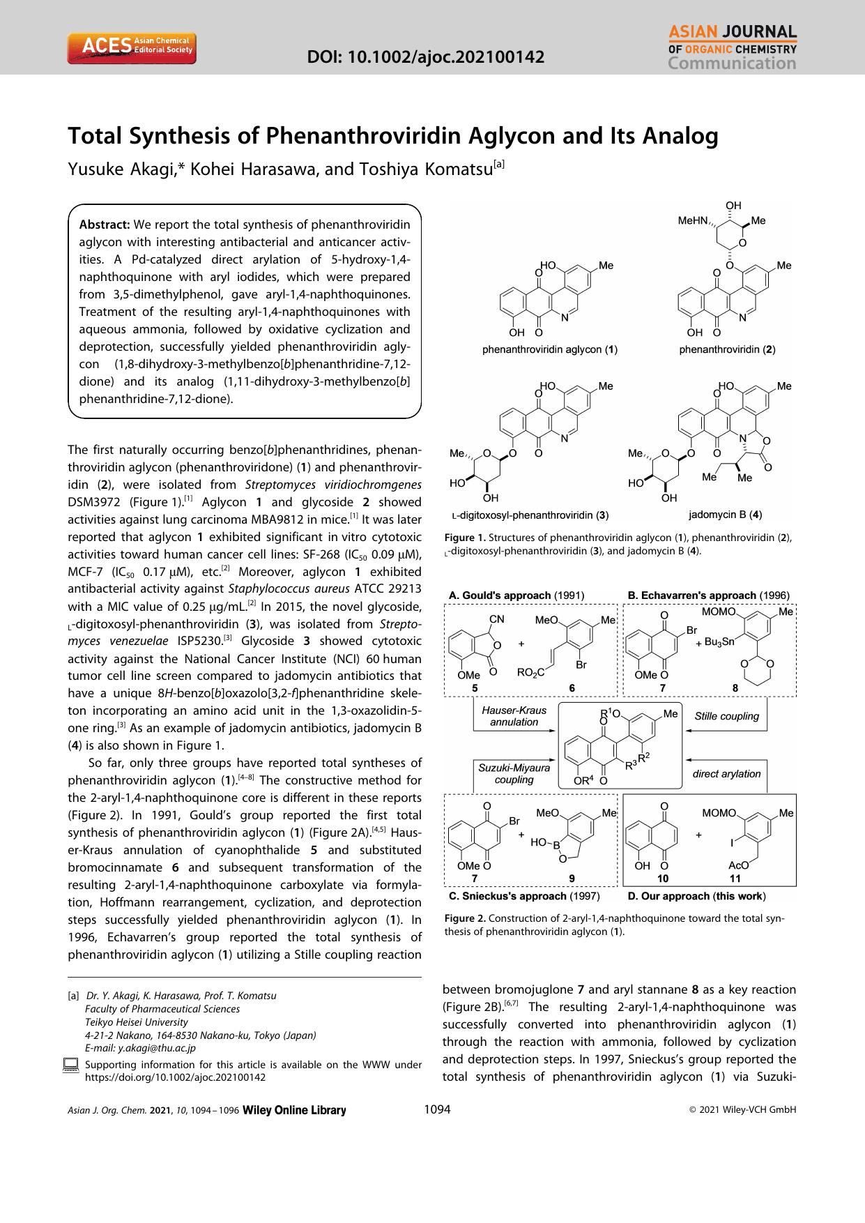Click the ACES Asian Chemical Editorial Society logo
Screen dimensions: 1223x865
132,48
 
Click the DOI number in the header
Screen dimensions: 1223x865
426,56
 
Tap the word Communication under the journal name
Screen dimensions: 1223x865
731,64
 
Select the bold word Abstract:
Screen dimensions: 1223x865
105,225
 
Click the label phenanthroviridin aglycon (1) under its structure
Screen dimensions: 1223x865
550,349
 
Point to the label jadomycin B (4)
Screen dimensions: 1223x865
724,515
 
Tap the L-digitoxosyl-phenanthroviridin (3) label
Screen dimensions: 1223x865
530,516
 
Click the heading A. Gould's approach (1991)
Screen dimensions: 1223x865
516,595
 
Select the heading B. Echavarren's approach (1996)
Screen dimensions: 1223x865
708,595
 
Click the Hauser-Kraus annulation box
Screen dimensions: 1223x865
514,716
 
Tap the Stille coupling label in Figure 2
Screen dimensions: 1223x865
726,716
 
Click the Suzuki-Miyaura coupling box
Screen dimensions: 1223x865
514,774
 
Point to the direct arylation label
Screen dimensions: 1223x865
726,774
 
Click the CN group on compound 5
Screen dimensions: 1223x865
497,618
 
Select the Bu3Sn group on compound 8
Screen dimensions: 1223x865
719,641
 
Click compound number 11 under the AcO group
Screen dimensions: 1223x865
735,879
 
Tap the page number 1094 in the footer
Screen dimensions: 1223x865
437,1110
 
